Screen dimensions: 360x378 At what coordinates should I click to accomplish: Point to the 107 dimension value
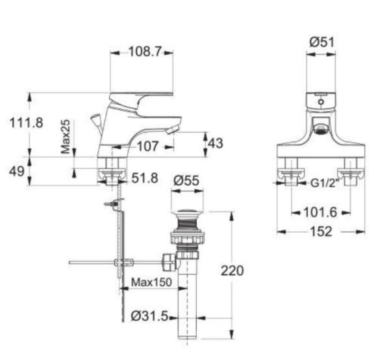coord(149,147)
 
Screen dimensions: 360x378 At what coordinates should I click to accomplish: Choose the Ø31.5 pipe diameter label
coord(150,316)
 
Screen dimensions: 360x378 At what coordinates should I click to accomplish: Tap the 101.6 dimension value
coord(319,212)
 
